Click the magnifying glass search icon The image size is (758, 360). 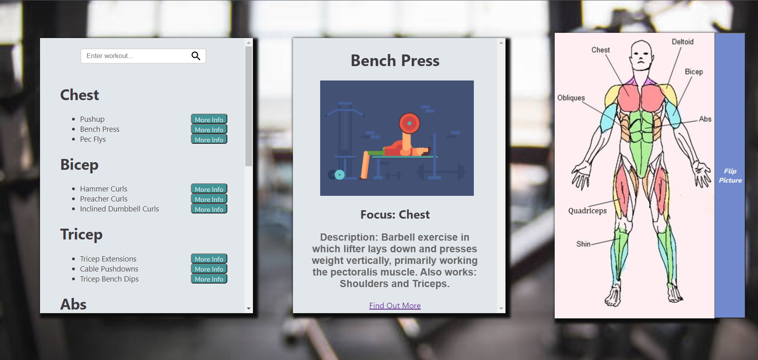click(196, 56)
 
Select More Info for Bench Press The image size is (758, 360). click(209, 129)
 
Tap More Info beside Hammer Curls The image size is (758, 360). click(209, 189)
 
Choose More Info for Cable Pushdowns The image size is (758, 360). click(209, 269)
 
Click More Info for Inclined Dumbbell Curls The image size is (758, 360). click(209, 209)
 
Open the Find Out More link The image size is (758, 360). click(395, 306)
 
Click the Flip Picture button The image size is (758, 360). click(730, 175)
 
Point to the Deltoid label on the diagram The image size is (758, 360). click(682, 42)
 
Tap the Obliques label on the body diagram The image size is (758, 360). click(571, 98)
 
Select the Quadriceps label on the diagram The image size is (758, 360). click(587, 211)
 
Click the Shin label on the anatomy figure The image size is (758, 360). click(583, 244)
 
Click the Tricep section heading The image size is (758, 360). click(81, 234)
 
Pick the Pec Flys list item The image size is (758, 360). click(93, 139)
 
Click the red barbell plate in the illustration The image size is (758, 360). click(409, 123)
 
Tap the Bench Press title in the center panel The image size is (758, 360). click(395, 60)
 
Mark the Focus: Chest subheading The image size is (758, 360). click(395, 215)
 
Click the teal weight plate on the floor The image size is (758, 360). click(339, 175)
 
